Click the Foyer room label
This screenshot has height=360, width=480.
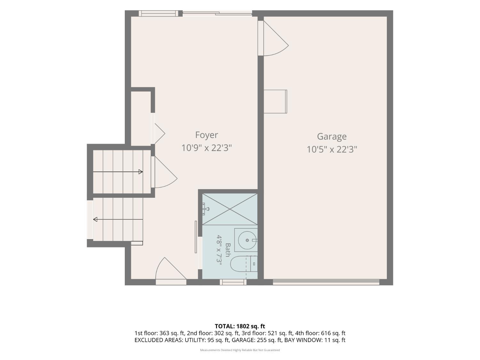tap(206, 135)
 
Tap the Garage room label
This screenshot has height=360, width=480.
tap(332, 136)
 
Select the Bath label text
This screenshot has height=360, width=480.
tap(228, 250)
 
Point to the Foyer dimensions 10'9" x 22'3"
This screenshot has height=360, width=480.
tap(206, 148)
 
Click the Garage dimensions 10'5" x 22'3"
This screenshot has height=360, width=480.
tap(332, 149)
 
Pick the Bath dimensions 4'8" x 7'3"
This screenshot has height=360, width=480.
tap(219, 250)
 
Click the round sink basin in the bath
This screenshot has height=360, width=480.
tap(247, 240)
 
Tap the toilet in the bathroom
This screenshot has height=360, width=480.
tap(244, 264)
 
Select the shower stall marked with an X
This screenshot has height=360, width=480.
tap(230, 209)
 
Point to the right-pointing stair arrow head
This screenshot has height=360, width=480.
tap(140, 172)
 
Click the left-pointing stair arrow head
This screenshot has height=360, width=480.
tap(95, 219)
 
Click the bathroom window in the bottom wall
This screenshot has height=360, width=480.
tap(233, 282)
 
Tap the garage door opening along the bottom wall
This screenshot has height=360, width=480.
tap(326, 282)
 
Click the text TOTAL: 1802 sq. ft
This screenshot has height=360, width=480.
tap(240, 326)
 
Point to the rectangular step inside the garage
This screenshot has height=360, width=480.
tap(275, 101)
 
